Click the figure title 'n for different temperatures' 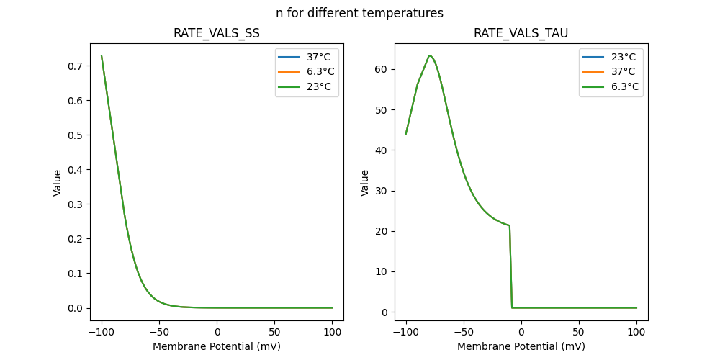tap(359, 13)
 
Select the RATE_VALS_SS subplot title tap(217, 34)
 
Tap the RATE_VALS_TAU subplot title tap(521, 34)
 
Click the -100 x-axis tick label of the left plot tap(102, 333)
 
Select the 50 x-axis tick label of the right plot tap(578, 333)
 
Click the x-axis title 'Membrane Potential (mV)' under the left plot tap(217, 346)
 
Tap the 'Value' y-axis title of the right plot tap(365, 183)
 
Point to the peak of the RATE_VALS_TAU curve tap(429, 55)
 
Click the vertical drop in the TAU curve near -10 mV tap(511, 266)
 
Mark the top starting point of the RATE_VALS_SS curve tap(102, 55)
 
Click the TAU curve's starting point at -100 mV tap(406, 134)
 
